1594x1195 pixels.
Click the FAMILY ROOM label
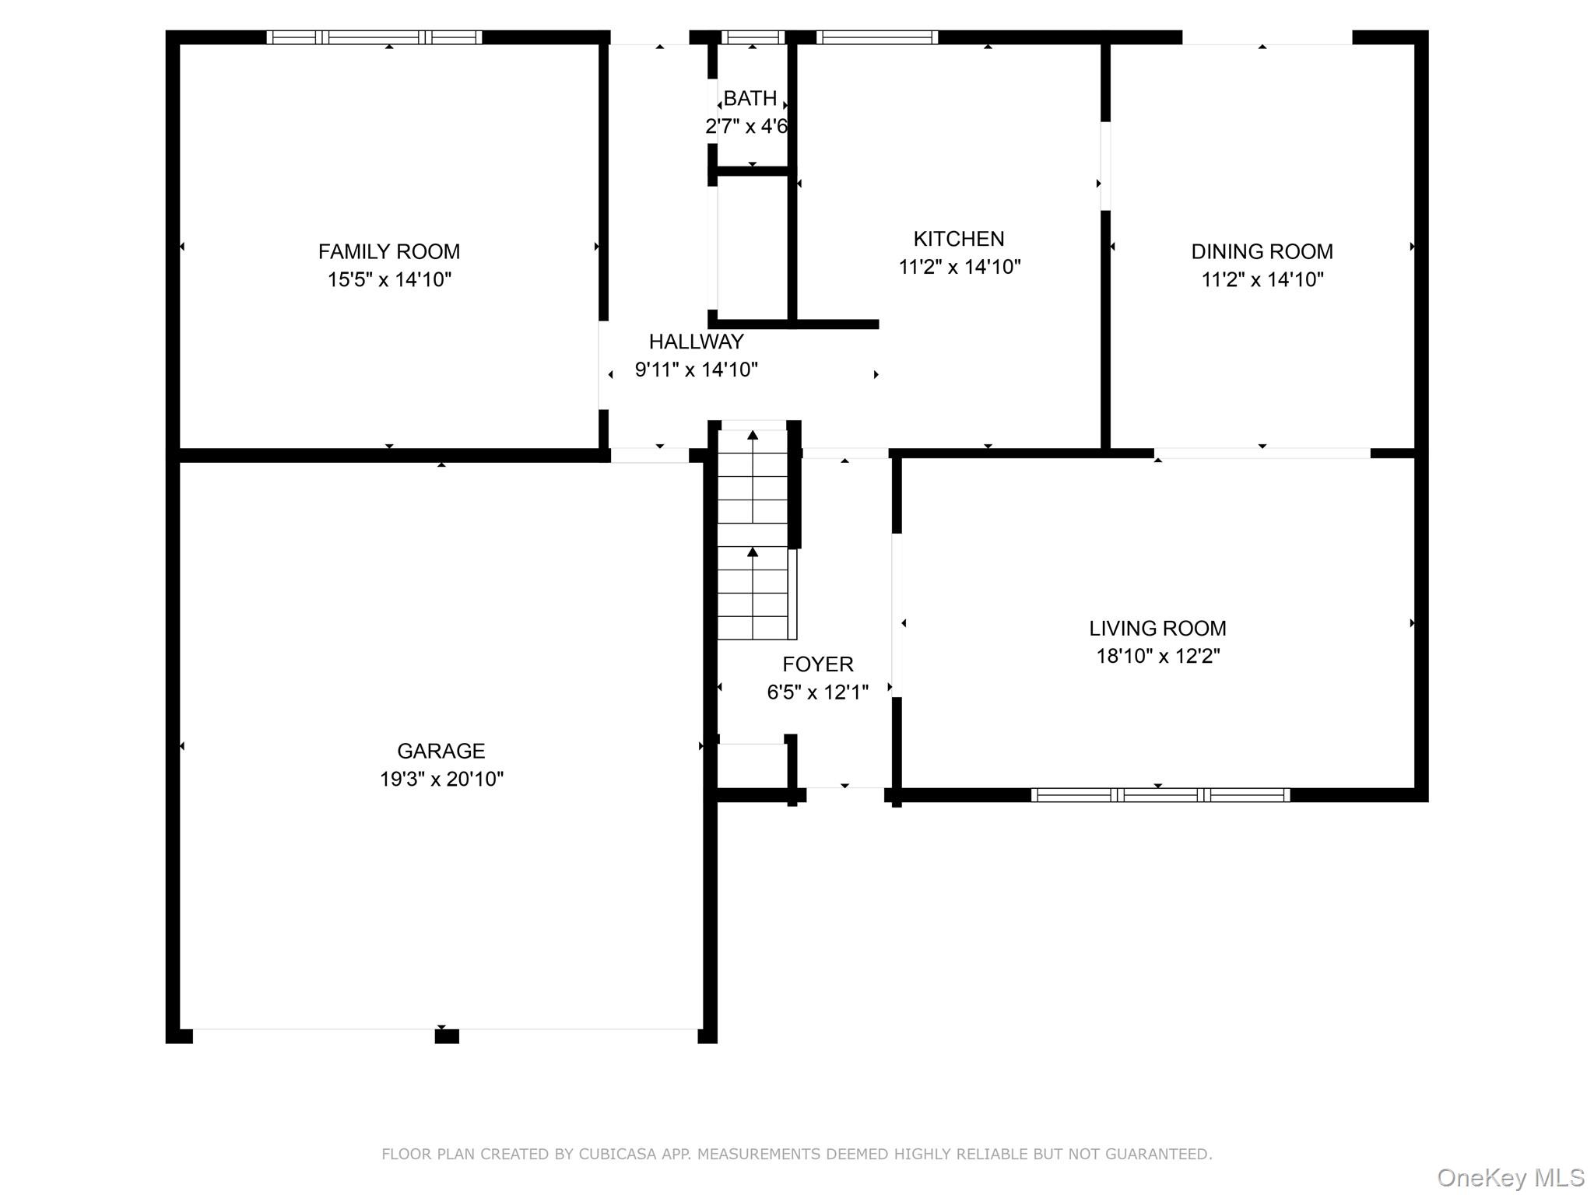(x=388, y=251)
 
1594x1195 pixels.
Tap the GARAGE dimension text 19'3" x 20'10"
(x=441, y=779)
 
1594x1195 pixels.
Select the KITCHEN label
(x=958, y=238)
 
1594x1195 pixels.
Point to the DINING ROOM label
(x=1262, y=251)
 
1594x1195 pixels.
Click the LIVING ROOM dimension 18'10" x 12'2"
(x=1157, y=656)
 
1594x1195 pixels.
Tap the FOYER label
(x=817, y=664)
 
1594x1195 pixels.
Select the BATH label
(x=750, y=98)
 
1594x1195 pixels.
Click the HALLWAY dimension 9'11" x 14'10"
(x=696, y=370)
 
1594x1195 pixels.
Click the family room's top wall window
(x=374, y=37)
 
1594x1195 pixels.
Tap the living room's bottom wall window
(x=1160, y=795)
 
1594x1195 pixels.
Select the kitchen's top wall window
(x=876, y=37)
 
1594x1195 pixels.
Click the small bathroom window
(x=752, y=37)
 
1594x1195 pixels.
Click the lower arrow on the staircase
(x=753, y=552)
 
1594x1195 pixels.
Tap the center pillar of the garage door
(x=446, y=1036)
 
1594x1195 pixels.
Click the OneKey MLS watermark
(x=1510, y=1177)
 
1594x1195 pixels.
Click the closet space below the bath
(x=752, y=247)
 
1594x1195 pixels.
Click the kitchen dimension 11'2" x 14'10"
(x=959, y=267)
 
